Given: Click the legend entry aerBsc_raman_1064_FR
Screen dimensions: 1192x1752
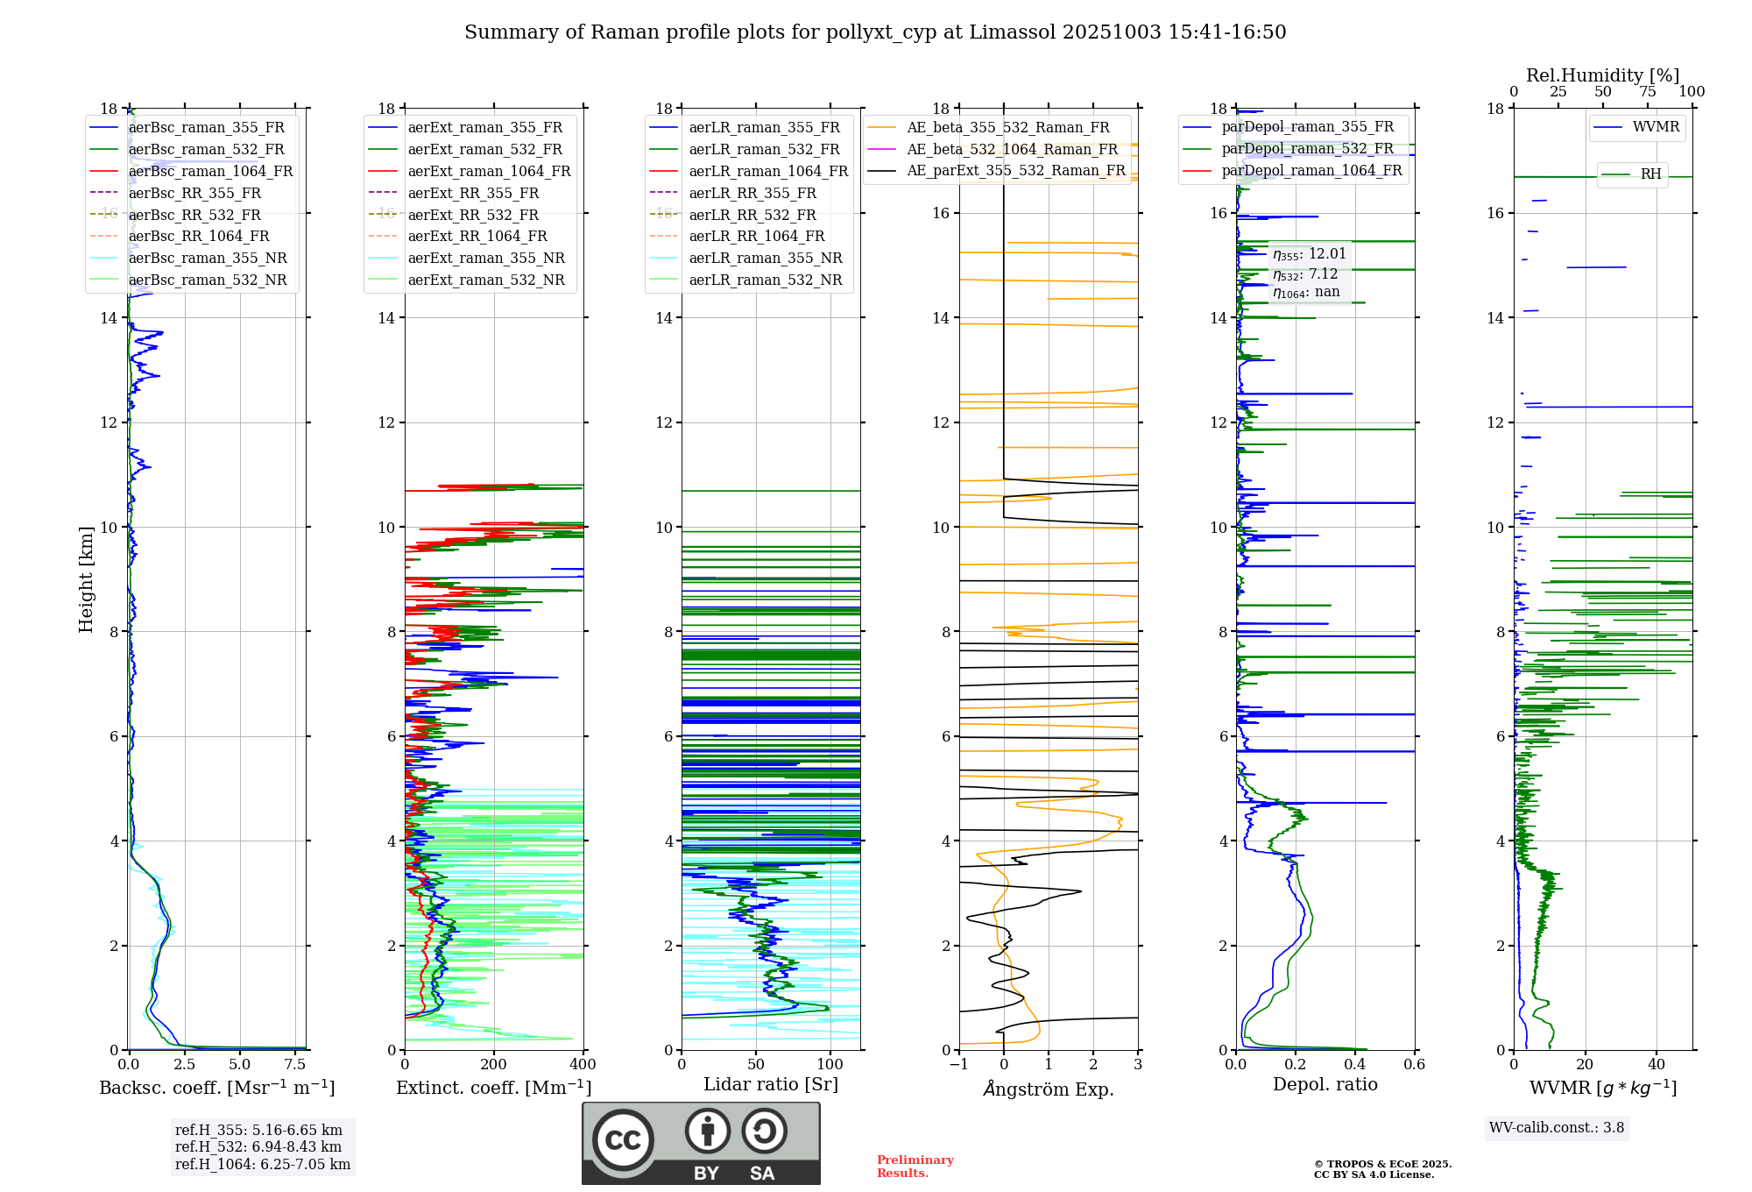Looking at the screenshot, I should pos(210,171).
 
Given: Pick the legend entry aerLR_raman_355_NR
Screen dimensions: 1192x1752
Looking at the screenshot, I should pos(765,259).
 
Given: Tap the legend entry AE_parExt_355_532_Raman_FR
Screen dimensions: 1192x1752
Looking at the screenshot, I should pos(1015,171).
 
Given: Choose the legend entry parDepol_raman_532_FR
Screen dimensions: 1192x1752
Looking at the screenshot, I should pos(1307,149).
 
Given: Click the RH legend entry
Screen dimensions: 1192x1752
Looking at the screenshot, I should pos(1650,174).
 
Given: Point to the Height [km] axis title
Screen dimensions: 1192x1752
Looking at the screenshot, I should pos(86,578).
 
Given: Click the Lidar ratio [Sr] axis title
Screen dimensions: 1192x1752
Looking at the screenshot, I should pos(770,1084).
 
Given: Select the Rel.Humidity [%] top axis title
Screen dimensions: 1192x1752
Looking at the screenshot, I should pos(1602,75).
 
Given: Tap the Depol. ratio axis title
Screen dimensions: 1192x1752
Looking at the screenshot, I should pos(1325,1084).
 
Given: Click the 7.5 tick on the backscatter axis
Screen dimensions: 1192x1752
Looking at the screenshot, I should pos(295,1065).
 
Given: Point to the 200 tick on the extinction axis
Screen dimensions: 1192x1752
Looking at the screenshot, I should pos(494,1065).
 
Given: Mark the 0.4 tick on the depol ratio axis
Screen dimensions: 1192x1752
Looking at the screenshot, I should pos(1355,1065).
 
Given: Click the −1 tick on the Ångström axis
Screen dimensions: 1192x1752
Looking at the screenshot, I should pos(958,1065).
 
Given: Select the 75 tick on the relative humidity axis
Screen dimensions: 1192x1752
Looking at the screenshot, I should pos(1647,92).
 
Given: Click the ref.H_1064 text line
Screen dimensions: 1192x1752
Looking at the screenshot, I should pos(262,1164).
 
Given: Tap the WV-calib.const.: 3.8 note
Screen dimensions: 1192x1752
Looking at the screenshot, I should pos(1557,1128).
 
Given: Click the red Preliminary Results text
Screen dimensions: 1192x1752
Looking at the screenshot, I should pos(915,1167).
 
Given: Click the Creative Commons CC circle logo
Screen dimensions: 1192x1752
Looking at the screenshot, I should pos(623,1140).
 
